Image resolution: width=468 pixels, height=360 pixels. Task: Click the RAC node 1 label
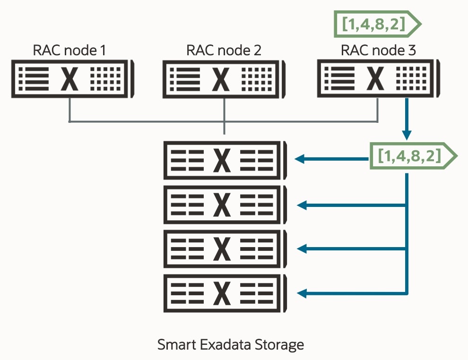(x=69, y=50)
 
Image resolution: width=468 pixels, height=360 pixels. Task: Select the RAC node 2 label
(x=223, y=50)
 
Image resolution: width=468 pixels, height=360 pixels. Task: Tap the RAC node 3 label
(x=378, y=50)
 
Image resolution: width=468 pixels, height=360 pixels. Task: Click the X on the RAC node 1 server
(x=70, y=79)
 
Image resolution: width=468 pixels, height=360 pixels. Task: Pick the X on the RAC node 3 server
(x=376, y=79)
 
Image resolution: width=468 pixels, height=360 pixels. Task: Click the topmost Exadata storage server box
(x=224, y=160)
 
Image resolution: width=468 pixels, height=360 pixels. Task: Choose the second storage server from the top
(x=224, y=205)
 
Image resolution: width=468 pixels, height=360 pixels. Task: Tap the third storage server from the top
(x=224, y=249)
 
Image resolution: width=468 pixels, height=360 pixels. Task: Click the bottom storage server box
(x=224, y=293)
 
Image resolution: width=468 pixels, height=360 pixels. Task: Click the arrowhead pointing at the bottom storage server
(x=301, y=293)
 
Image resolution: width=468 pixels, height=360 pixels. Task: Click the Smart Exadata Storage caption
(x=230, y=344)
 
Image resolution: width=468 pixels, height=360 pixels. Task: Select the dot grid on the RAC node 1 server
(x=105, y=79)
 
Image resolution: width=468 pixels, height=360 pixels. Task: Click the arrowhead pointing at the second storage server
(x=301, y=205)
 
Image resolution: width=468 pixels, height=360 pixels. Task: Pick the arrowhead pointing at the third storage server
(x=301, y=249)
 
